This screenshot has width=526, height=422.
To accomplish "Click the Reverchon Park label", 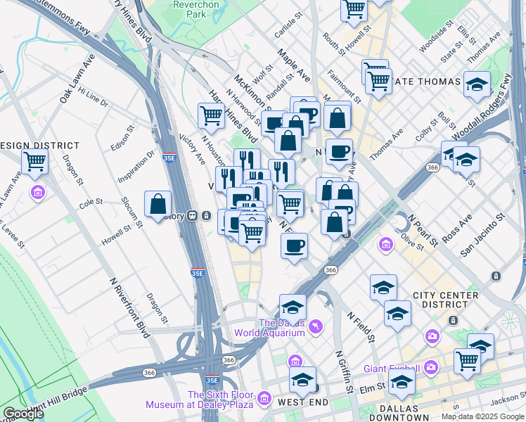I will tap(197, 9).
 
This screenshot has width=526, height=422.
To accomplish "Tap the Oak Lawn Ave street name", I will tap(77, 78).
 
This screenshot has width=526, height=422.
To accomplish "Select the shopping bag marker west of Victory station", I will tap(158, 204).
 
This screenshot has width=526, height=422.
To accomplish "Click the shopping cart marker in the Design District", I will tap(34, 162).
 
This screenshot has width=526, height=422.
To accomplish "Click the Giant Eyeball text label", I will tap(391, 369).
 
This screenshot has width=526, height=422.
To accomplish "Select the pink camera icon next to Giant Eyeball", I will tap(430, 367).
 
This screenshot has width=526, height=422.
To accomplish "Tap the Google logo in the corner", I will tap(23, 414).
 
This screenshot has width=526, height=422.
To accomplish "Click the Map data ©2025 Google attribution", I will tap(482, 416).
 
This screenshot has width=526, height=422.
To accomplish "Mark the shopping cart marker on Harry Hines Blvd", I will tap(211, 115).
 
